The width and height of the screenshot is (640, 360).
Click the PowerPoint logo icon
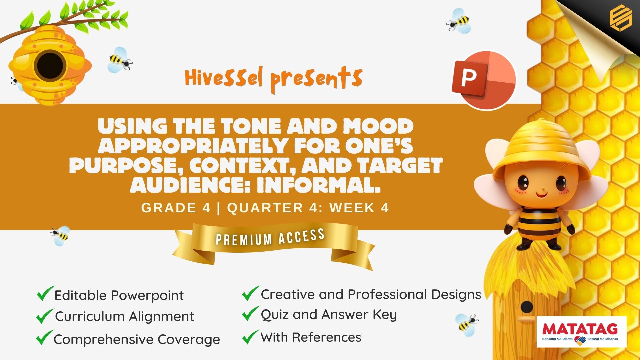point(483,80)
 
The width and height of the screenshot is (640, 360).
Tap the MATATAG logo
point(582,332)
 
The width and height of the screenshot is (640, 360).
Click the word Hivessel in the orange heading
point(224,78)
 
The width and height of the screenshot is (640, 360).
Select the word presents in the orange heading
point(316,80)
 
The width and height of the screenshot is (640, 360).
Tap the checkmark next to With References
point(251,337)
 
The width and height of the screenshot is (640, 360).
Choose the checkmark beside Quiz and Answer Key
point(251,314)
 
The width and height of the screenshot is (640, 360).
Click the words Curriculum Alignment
point(124,316)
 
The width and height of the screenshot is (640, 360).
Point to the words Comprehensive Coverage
point(137,339)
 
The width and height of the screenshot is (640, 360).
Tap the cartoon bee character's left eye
point(523,182)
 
